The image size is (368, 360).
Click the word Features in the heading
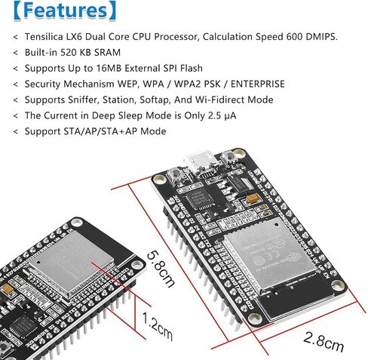click(66, 11)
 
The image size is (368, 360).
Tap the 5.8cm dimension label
click(161, 269)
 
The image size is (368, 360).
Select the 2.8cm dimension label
click(324, 342)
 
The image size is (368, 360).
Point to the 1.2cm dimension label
click(158, 326)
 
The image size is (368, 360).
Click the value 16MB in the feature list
click(109, 69)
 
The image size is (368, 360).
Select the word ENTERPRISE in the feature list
click(258, 84)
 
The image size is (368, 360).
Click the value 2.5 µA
click(222, 115)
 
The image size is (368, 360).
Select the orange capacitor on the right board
click(253, 198)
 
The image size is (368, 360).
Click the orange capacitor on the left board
click(7, 289)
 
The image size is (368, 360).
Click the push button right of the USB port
click(228, 158)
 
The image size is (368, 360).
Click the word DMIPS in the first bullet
click(321, 37)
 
